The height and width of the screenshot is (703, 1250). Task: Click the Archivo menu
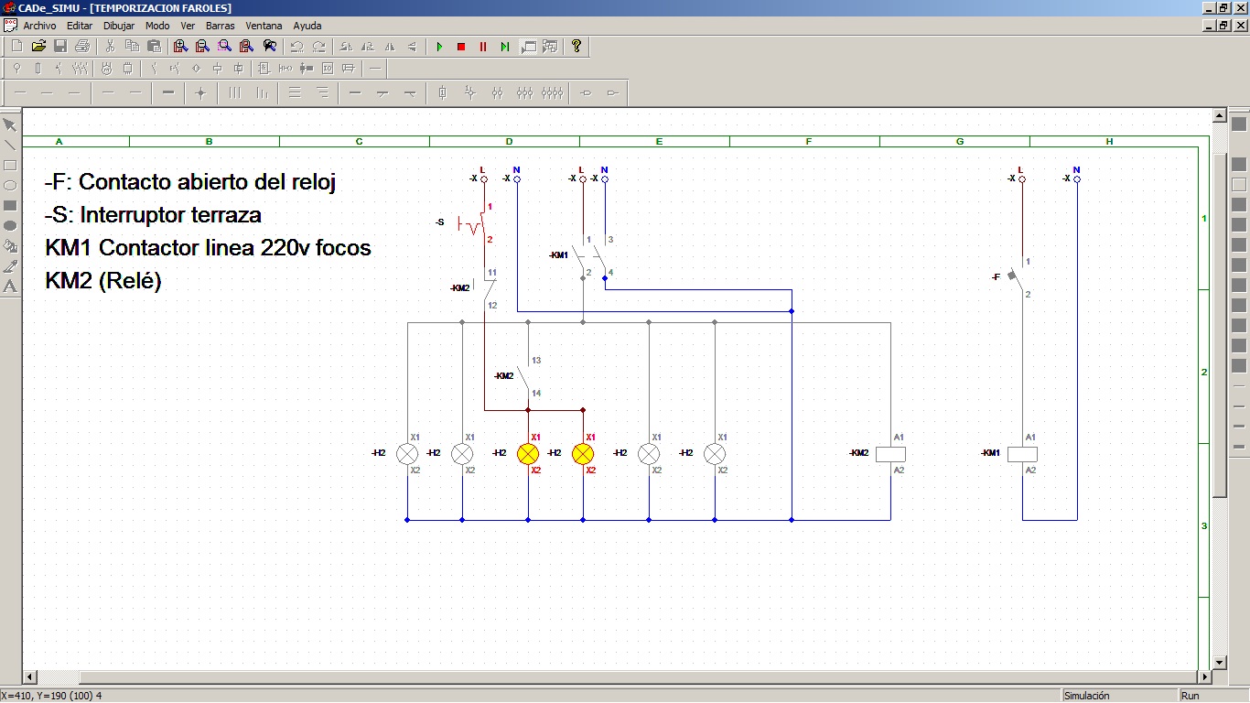39,26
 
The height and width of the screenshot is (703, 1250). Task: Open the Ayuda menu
307,26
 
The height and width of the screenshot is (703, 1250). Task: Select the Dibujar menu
118,26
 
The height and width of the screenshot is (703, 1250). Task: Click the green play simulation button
439,47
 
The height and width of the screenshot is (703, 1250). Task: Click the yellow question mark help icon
576,46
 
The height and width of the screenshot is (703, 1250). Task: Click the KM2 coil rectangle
890,454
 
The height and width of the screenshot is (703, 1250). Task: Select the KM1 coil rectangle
1022,454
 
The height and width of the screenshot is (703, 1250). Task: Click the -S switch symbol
471,223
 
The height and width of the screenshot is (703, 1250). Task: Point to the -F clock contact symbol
1016,275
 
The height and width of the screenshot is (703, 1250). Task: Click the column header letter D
509,142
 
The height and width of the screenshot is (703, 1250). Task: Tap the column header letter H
1109,142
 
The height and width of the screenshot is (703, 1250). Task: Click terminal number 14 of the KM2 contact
536,393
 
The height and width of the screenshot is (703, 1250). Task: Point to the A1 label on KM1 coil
1030,438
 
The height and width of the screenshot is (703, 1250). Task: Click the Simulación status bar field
1086,696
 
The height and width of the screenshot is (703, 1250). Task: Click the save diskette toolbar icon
60,46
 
